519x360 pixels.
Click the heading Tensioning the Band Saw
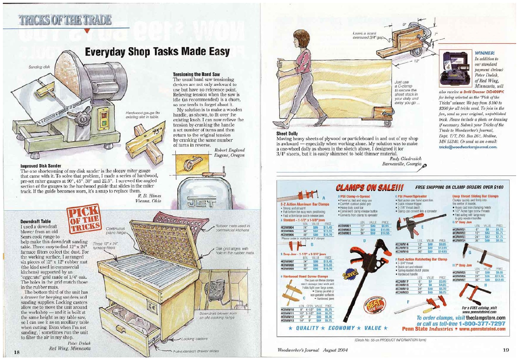click(x=196, y=75)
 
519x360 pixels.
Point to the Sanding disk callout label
click(x=39, y=67)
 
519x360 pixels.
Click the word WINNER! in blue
click(x=485, y=53)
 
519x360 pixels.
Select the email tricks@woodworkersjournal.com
click(x=468, y=147)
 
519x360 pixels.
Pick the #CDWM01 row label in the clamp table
click(x=345, y=226)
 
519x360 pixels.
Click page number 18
click(x=17, y=352)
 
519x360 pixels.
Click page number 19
click(x=506, y=350)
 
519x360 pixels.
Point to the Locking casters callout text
click(x=194, y=339)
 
